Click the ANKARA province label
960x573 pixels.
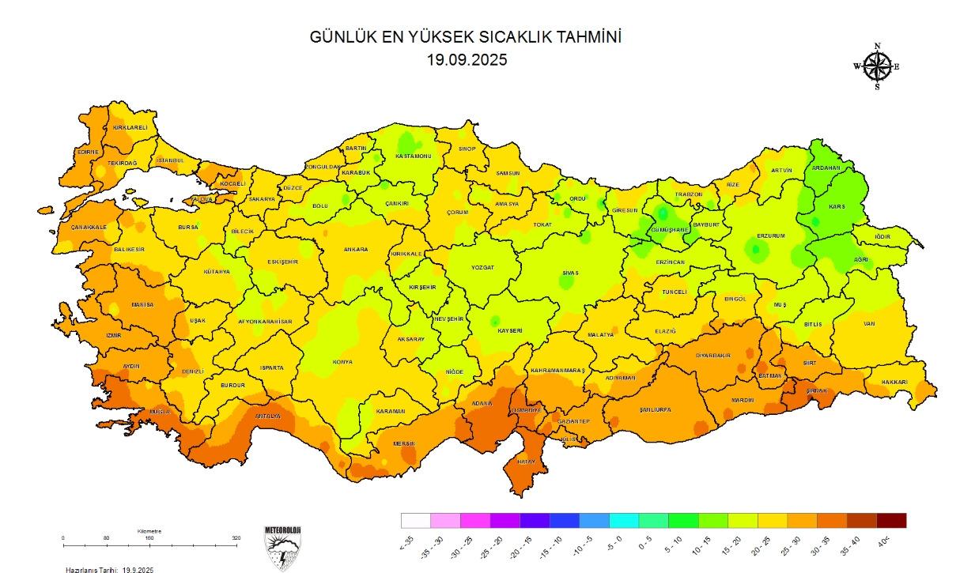pyautogui.click(x=355, y=250)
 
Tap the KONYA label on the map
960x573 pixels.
pyautogui.click(x=343, y=362)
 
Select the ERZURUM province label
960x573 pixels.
pyautogui.click(x=771, y=236)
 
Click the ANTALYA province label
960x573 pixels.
pyautogui.click(x=267, y=416)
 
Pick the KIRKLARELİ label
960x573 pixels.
pyautogui.click(x=130, y=127)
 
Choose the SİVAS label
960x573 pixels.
pyautogui.click(x=570, y=273)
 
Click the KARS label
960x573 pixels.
pyautogui.click(x=837, y=206)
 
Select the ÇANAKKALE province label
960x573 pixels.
pyautogui.click(x=89, y=227)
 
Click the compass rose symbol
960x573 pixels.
pyautogui.click(x=877, y=66)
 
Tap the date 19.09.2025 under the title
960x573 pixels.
pyautogui.click(x=466, y=59)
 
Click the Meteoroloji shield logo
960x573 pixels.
pyautogui.click(x=282, y=546)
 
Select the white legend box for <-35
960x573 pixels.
pyautogui.click(x=416, y=520)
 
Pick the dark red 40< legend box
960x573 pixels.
pyautogui.click(x=891, y=520)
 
